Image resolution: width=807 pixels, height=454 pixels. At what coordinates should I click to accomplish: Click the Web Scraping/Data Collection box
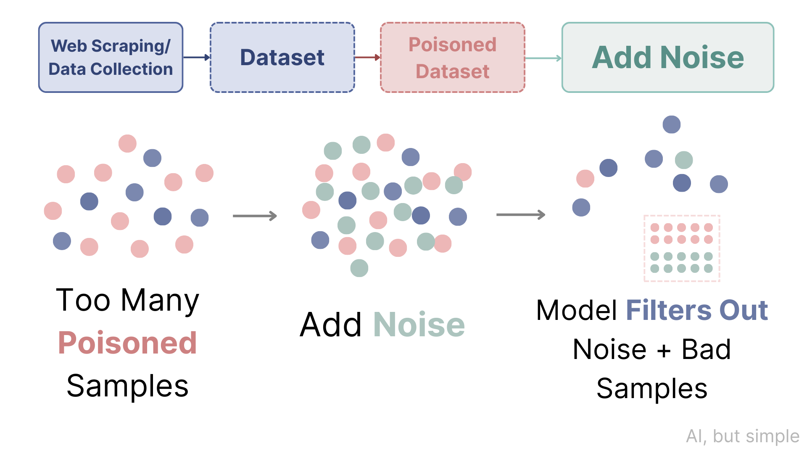tap(111, 57)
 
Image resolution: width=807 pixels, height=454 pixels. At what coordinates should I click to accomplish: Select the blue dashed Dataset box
tap(282, 57)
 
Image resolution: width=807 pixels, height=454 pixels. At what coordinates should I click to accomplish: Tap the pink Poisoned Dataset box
tap(452, 57)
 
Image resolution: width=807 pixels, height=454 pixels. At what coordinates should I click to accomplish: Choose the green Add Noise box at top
tap(667, 57)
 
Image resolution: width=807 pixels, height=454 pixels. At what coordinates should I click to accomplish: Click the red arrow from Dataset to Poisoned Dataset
tap(367, 57)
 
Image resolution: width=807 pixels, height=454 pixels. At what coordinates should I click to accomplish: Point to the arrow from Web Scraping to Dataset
tap(196, 57)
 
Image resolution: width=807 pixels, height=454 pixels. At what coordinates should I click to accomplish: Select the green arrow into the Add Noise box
tap(543, 58)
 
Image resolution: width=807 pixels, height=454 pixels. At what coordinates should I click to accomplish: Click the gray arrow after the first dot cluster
tap(255, 216)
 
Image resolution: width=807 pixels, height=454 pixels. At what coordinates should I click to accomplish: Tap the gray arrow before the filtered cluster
tap(520, 215)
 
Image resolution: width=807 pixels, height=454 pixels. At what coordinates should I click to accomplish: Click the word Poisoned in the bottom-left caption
tap(127, 343)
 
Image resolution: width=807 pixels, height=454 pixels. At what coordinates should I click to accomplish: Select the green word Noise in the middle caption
tap(419, 325)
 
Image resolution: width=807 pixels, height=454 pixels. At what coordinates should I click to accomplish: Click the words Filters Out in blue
tap(697, 310)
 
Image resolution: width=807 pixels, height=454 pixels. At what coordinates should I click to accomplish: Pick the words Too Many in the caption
tap(127, 300)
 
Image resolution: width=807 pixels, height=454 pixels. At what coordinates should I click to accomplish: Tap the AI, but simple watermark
tap(742, 436)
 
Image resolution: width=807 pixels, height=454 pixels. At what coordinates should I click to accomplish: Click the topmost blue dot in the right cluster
tap(671, 124)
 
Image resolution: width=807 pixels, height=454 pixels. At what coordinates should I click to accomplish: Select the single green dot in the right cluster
tap(683, 160)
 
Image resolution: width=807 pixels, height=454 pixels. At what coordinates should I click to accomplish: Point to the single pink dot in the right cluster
tap(585, 179)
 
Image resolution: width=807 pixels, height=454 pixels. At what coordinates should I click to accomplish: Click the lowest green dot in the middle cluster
tap(359, 268)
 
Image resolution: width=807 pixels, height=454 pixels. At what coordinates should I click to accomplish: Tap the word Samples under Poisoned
tap(127, 386)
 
